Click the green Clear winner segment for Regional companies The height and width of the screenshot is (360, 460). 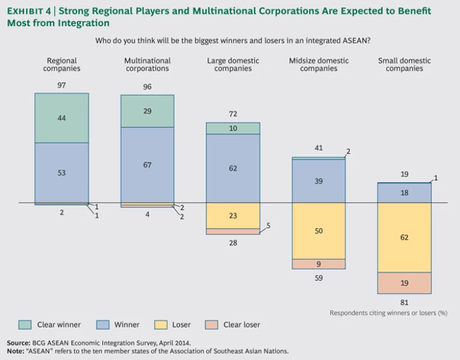62,118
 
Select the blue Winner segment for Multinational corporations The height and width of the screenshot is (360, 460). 147,165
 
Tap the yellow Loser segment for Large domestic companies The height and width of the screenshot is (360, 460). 233,216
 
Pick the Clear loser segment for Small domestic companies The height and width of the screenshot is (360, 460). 404,283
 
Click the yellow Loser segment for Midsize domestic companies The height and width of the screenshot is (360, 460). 319,231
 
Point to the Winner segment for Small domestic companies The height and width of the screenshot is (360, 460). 404,193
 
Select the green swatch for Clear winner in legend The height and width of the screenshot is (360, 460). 24,325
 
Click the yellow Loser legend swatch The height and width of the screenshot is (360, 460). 161,325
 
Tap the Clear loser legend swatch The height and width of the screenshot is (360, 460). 212,325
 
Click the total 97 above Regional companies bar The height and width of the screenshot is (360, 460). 62,86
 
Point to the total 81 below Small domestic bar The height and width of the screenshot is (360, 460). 404,302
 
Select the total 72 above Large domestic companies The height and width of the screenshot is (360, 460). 233,114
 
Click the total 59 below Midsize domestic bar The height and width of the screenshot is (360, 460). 319,277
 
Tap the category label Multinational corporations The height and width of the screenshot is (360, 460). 147,65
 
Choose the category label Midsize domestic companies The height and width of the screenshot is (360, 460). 319,65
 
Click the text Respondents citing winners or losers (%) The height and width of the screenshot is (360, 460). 388,313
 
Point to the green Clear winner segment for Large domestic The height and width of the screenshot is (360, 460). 233,128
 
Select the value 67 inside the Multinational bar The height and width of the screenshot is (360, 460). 147,165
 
